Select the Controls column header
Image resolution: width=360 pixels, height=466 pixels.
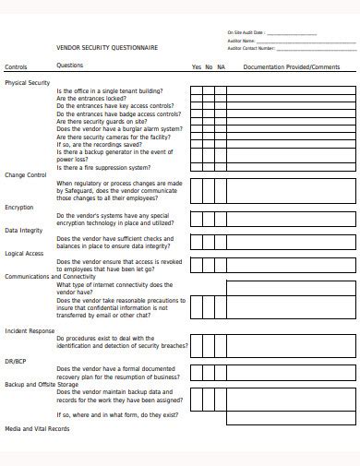click(17, 67)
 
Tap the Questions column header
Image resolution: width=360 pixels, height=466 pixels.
click(70, 66)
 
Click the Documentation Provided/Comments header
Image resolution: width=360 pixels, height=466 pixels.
click(292, 67)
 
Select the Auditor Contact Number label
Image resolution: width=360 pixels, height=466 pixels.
click(251, 47)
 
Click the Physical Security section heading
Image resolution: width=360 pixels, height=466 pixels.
click(28, 82)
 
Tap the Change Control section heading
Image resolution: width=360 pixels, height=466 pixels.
click(26, 174)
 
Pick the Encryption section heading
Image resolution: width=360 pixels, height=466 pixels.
click(19, 207)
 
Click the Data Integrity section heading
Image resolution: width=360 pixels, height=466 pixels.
click(24, 230)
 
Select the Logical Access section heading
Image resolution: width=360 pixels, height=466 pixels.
click(25, 253)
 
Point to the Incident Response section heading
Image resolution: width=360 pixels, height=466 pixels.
click(30, 330)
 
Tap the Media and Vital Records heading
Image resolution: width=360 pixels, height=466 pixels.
click(37, 429)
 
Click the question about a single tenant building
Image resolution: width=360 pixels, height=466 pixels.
click(109, 91)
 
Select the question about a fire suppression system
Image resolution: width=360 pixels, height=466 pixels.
click(102, 168)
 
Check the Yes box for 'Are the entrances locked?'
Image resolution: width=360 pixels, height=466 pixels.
click(196, 100)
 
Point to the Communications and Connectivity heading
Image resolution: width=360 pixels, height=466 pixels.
click(51, 276)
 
